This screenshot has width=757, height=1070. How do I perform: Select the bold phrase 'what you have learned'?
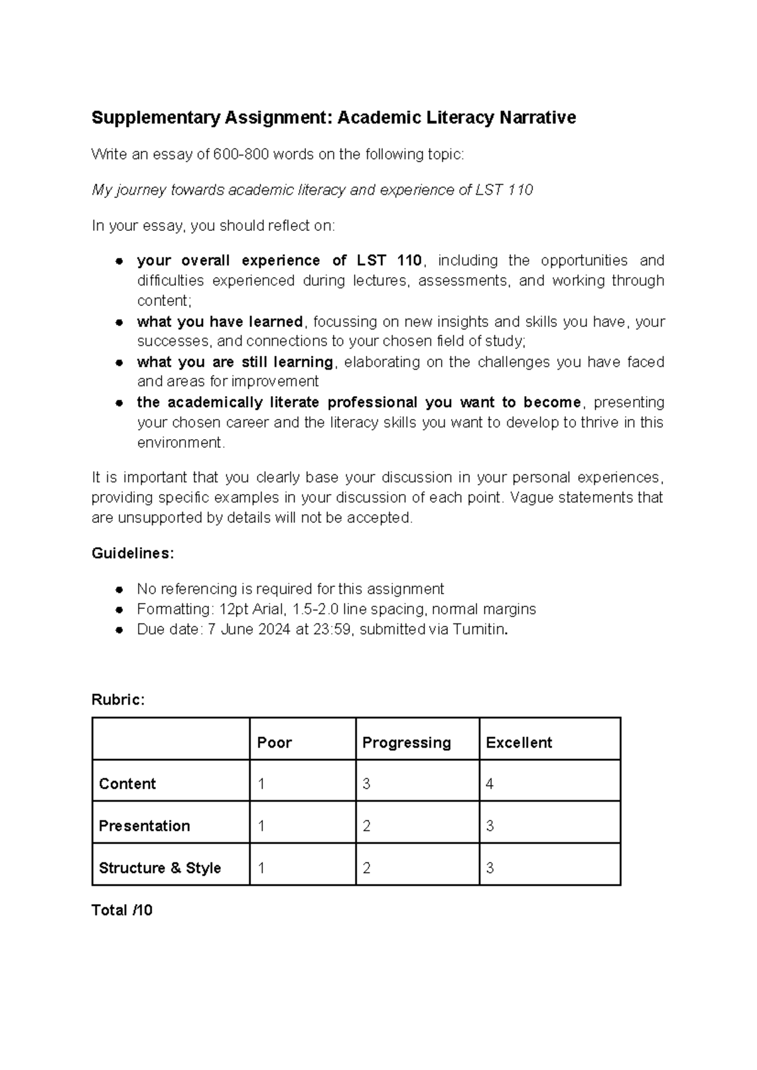[220, 322]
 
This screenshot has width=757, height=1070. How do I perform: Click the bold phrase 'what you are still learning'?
[235, 362]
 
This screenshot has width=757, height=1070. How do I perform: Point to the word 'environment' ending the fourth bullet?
[180, 443]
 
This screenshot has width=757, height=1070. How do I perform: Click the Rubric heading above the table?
[118, 700]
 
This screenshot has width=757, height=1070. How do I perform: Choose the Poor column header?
[274, 743]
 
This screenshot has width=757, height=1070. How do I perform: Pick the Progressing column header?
[406, 743]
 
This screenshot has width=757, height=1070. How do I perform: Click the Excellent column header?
[519, 743]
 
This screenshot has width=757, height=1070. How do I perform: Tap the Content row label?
[127, 784]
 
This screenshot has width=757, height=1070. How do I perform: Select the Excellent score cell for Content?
[490, 784]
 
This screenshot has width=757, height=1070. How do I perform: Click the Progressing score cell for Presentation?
[367, 826]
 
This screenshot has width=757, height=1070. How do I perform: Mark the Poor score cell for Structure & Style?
[261, 868]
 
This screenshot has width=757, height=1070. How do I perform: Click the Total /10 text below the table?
[122, 910]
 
